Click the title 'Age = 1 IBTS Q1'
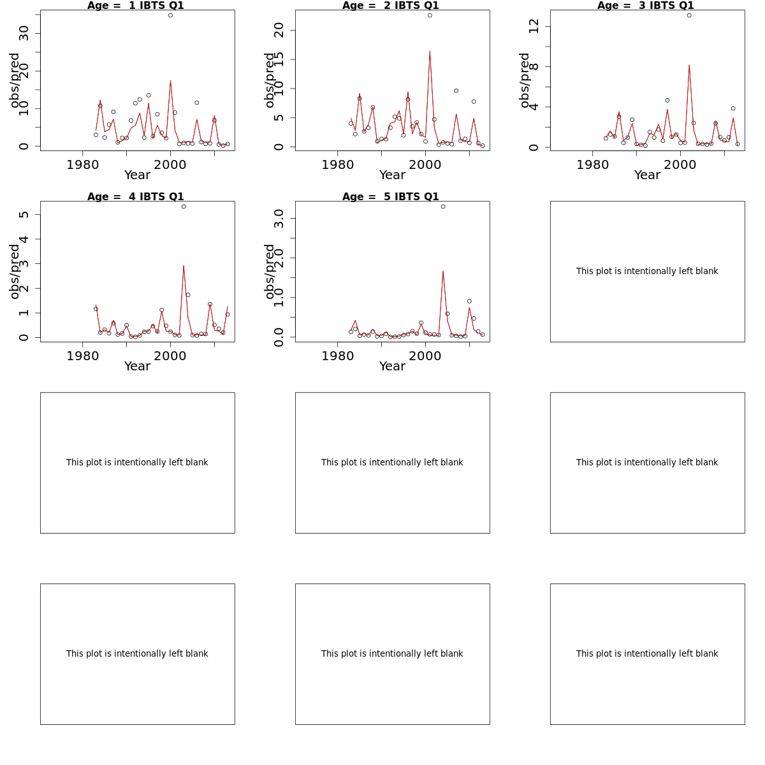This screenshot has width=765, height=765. (135, 6)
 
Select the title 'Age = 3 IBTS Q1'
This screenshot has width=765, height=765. (646, 6)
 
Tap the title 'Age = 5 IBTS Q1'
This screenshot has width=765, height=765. (391, 196)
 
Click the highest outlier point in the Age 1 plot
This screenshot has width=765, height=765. (170, 15)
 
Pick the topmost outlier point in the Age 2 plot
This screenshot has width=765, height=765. (430, 15)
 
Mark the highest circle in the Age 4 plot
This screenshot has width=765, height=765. (184, 207)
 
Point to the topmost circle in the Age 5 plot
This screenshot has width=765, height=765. (443, 207)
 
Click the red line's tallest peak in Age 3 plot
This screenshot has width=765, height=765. (689, 65)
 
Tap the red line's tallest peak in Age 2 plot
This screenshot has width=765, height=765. (430, 51)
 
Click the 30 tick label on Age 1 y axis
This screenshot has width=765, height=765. (24, 33)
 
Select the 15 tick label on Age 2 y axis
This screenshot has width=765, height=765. (279, 59)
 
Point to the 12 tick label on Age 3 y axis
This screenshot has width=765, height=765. (534, 26)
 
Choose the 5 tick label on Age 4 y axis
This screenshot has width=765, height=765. (24, 215)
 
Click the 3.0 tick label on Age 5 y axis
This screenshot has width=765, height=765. (279, 219)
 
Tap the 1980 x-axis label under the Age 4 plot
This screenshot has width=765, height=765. (83, 356)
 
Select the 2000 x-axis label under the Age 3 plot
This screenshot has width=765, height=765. (680, 164)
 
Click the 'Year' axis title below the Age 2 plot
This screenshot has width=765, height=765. (392, 175)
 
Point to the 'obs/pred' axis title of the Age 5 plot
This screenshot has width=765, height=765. (270, 272)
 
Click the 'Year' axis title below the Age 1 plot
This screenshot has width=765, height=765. (137, 175)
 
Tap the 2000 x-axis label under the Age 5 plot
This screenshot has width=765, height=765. (425, 356)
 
